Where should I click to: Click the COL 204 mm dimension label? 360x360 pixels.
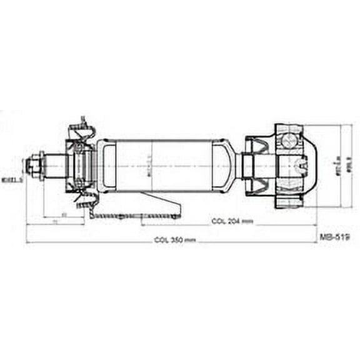[x=232, y=221]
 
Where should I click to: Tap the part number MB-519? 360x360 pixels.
[x=334, y=237]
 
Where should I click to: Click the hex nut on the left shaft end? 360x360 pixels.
[x=35, y=166]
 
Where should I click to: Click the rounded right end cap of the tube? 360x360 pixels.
[x=223, y=166]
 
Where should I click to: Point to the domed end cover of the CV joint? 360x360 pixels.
[x=309, y=166]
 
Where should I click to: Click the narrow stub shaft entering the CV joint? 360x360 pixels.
[x=247, y=166]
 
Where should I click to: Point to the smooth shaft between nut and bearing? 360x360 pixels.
[x=53, y=166]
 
